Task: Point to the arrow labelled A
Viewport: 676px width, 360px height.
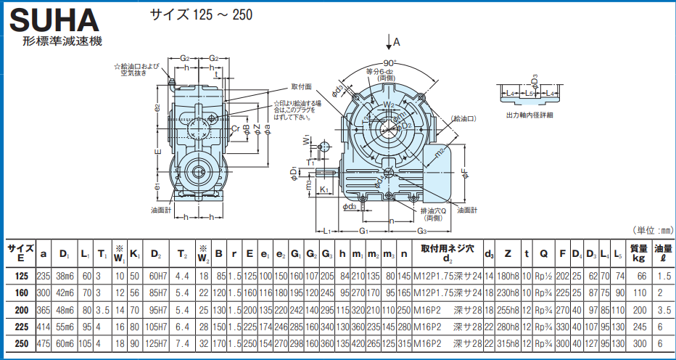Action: coord(391,41)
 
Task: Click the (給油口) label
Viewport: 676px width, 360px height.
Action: coord(464,118)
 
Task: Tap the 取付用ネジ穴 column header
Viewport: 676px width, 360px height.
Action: coord(447,248)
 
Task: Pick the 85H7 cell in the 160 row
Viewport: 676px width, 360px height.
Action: coord(155,292)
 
